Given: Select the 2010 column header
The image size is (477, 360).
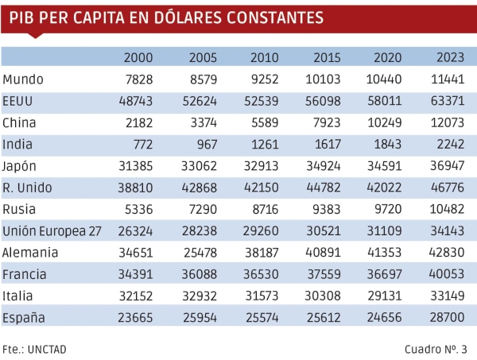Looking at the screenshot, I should (x=264, y=58).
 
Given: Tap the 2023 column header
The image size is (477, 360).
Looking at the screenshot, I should (x=451, y=58).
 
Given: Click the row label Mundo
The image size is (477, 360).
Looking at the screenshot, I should (x=23, y=79).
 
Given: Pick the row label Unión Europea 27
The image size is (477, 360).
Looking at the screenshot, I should (x=52, y=230).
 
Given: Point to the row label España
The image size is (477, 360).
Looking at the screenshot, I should (x=25, y=317).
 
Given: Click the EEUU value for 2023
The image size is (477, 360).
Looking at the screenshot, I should (x=451, y=102).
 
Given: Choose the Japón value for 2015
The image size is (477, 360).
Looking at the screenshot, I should (x=326, y=166).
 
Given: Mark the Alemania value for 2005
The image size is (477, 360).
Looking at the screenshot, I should (x=202, y=252).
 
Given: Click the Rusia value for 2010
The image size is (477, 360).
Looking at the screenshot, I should (x=264, y=209).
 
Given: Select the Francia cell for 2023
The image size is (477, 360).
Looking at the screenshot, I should (x=451, y=274).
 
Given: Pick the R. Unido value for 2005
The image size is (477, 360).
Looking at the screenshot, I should (x=202, y=188).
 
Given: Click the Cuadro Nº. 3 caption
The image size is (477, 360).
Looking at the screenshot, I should (x=436, y=348).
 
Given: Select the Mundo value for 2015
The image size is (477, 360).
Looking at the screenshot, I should (x=326, y=79).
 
